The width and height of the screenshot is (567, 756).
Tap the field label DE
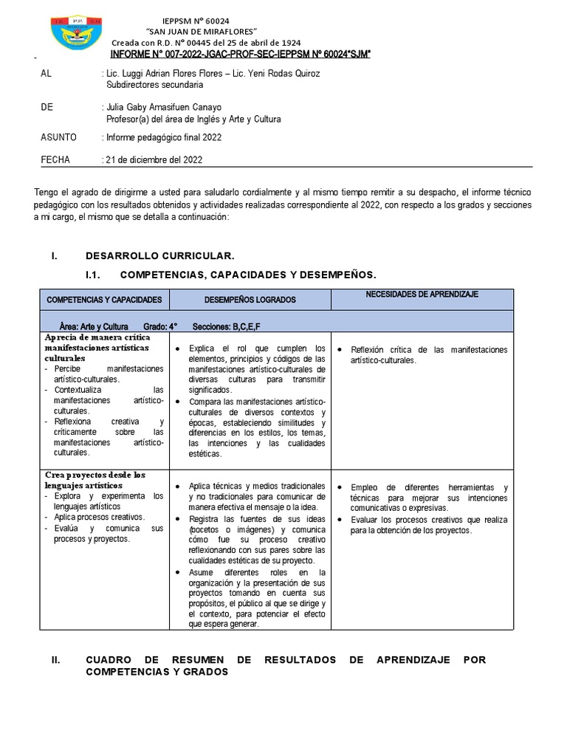click(47, 107)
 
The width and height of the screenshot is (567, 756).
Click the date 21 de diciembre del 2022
click(154, 159)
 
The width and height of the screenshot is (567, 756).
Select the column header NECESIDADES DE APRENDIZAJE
click(422, 295)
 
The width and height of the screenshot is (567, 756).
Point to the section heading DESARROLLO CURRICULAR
click(159, 255)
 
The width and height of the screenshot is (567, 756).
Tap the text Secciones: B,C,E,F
click(226, 326)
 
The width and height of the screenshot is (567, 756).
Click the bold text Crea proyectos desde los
click(95, 475)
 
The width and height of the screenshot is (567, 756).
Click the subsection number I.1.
click(93, 275)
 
